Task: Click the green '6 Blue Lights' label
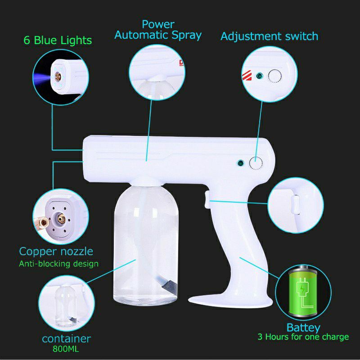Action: click(57, 40)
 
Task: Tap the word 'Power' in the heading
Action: click(158, 24)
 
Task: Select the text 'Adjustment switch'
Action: click(269, 36)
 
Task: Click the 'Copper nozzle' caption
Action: click(56, 251)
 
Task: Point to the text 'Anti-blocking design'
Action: click(58, 263)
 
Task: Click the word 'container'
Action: click(66, 338)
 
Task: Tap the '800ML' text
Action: click(66, 348)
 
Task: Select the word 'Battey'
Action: click(303, 327)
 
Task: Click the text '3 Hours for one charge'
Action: click(303, 337)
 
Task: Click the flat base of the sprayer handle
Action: click(229, 297)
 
